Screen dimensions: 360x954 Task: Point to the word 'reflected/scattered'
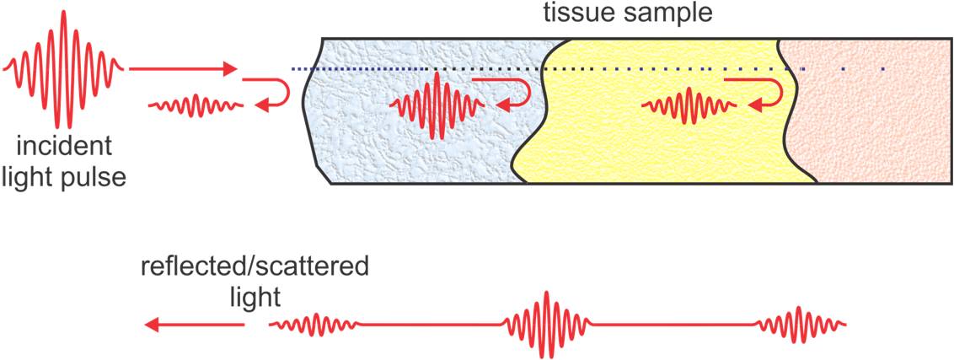point(255,268)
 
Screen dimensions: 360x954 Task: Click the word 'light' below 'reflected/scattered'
point(255,296)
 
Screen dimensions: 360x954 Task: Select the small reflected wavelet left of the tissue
point(196,106)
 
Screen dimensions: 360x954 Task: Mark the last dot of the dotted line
point(882,68)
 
